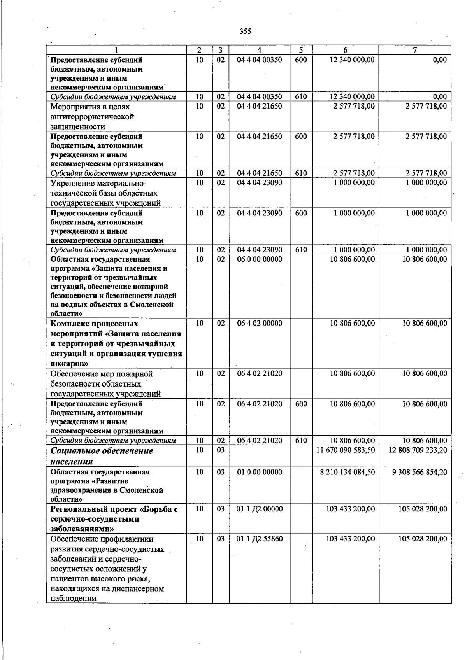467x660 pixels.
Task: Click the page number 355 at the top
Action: (x=245, y=32)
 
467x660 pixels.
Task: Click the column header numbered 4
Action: (x=259, y=50)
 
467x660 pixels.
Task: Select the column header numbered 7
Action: (x=415, y=50)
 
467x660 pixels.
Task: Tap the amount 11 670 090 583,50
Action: (x=345, y=450)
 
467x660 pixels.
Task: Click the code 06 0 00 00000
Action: (x=260, y=259)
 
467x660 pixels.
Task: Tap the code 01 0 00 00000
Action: (x=260, y=472)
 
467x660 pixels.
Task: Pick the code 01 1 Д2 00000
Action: (x=260, y=509)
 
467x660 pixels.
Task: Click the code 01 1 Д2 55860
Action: (x=260, y=539)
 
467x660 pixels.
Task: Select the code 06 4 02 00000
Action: (x=260, y=323)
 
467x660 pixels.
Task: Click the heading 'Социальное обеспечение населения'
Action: (x=102, y=456)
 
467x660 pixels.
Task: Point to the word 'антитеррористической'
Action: (x=92, y=116)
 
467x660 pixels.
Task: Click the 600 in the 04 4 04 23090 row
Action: (x=301, y=213)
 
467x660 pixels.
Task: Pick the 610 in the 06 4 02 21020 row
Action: (x=301, y=440)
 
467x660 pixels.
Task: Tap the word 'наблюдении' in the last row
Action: (x=73, y=599)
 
